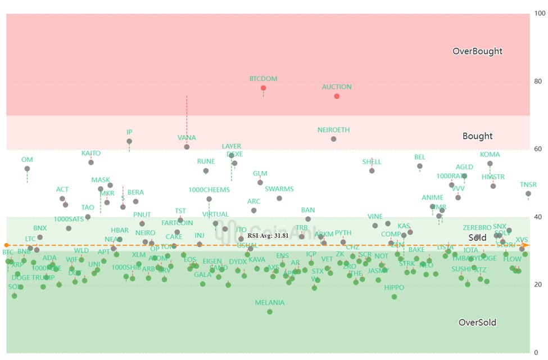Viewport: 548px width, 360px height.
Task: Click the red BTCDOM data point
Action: click(x=263, y=88)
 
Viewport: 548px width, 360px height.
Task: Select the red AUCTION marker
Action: click(x=337, y=96)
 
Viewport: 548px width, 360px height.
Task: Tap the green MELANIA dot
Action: click(x=270, y=312)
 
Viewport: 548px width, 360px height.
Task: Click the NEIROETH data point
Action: click(x=333, y=139)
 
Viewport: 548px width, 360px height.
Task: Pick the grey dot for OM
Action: click(x=27, y=169)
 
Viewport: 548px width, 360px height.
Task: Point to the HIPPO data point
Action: click(x=394, y=296)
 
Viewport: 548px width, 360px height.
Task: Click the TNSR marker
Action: click(x=528, y=193)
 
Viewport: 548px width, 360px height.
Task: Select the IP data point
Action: click(x=129, y=141)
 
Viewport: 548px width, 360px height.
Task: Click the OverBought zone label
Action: click(x=477, y=51)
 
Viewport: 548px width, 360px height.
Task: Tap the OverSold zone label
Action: click(x=477, y=322)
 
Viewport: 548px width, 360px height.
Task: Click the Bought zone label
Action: click(x=477, y=136)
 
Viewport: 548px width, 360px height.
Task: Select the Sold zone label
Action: click(x=477, y=238)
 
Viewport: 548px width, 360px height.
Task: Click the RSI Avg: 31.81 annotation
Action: click(x=268, y=236)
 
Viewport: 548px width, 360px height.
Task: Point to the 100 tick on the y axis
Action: click(x=539, y=13)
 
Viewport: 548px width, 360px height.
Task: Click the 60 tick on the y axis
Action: click(x=538, y=149)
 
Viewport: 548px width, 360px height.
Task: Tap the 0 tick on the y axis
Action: click(x=536, y=353)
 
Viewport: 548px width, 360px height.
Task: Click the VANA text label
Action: click(x=187, y=138)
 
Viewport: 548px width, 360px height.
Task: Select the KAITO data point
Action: click(x=91, y=162)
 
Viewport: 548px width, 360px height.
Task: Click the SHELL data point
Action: click(x=372, y=170)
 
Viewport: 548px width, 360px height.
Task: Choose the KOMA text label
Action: click(x=490, y=155)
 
